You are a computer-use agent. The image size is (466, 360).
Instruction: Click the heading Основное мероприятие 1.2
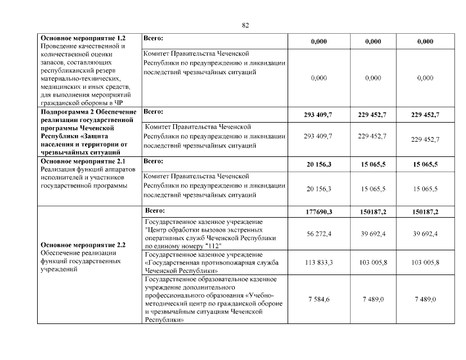tap(83, 38)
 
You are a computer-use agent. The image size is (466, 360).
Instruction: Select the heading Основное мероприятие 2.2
tap(83, 245)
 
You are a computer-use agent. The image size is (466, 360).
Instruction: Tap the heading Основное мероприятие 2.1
tap(83, 161)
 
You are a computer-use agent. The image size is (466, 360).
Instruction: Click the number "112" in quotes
tap(213, 246)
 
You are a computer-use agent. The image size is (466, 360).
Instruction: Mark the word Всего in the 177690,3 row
tap(155, 211)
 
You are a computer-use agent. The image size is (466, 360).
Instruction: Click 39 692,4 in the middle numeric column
tap(373, 233)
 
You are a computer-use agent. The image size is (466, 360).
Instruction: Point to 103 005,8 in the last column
tap(425, 263)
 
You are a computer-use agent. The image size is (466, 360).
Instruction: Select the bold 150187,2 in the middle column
tap(373, 212)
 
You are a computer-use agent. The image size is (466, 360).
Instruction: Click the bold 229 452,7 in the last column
tap(425, 115)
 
